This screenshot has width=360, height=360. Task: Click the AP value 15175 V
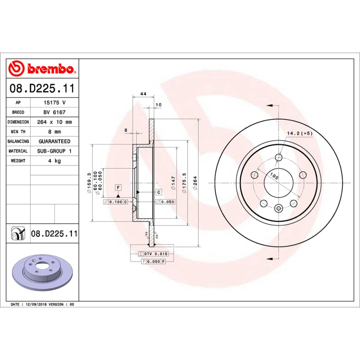pyautogui.click(x=54, y=103)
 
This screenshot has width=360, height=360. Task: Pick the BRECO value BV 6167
pyautogui.click(x=54, y=112)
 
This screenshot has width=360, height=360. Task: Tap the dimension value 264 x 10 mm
pyautogui.click(x=54, y=122)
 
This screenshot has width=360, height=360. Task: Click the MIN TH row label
pyautogui.click(x=18, y=132)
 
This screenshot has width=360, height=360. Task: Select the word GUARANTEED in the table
pyautogui.click(x=54, y=141)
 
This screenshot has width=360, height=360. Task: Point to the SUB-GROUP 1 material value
pyautogui.click(x=54, y=151)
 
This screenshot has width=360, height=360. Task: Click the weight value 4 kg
pyautogui.click(x=54, y=161)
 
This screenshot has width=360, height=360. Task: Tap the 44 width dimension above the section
pyautogui.click(x=143, y=94)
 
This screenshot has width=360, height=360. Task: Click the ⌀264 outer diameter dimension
pyautogui.click(x=195, y=183)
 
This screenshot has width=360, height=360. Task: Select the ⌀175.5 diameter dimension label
pyautogui.click(x=184, y=183)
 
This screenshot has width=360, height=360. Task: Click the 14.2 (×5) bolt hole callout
pyautogui.click(x=300, y=133)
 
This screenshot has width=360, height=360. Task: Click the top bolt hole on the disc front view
pyautogui.click(x=278, y=157)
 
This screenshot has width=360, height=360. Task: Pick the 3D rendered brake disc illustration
pyautogui.click(x=42, y=273)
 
